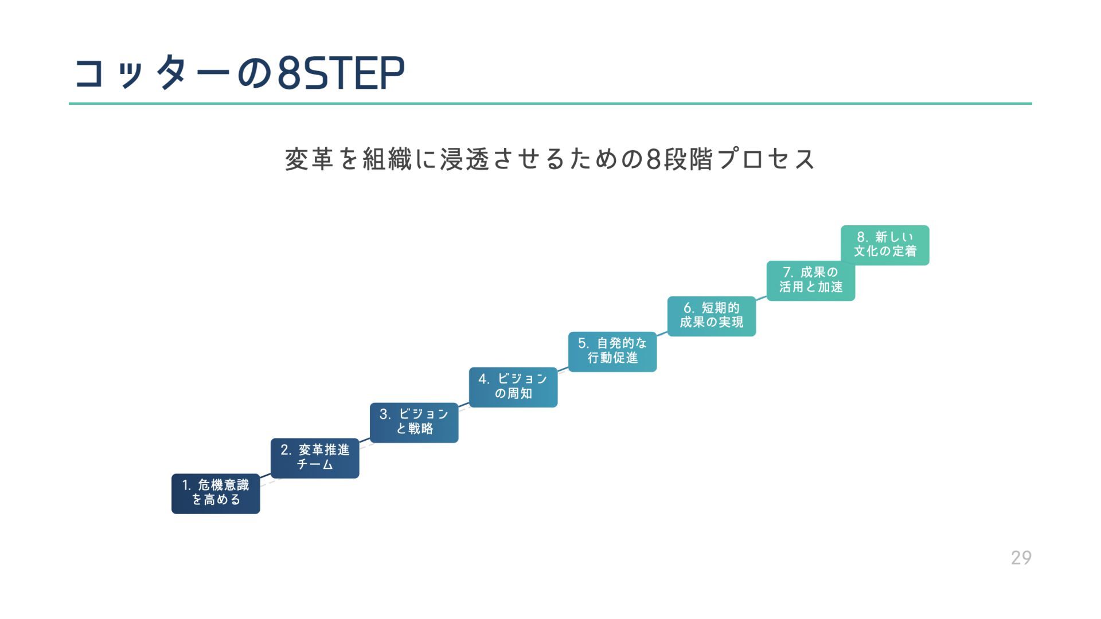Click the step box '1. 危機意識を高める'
click(x=216, y=493)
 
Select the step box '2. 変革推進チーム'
click(x=315, y=457)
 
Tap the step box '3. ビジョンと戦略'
click(x=414, y=422)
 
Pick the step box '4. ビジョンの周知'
click(x=513, y=387)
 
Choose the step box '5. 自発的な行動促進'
click(x=612, y=351)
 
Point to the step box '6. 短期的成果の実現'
click(x=712, y=316)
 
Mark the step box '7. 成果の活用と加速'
click(x=811, y=280)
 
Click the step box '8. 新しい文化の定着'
click(x=885, y=245)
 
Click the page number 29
click(x=1021, y=557)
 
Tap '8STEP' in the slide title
click(x=341, y=73)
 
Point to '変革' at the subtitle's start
click(x=309, y=159)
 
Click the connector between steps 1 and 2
click(x=266, y=476)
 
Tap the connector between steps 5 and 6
click(x=662, y=334)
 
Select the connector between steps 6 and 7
click(x=761, y=298)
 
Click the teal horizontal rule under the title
click(x=550, y=104)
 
